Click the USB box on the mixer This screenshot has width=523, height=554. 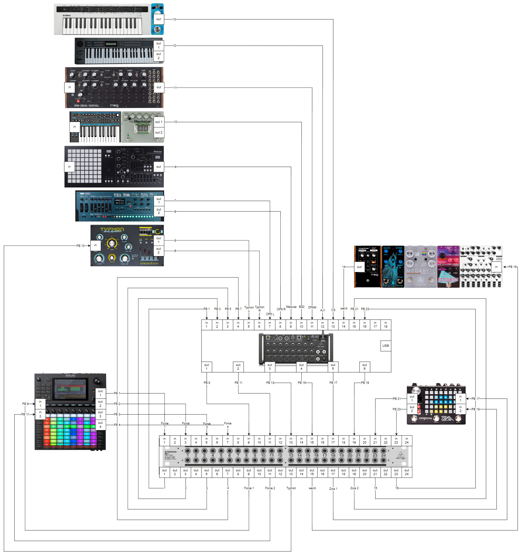[x=386, y=345]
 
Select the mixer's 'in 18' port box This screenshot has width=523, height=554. [x=386, y=324]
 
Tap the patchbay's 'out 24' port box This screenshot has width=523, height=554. [x=406, y=472]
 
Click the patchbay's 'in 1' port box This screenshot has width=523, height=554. [x=164, y=440]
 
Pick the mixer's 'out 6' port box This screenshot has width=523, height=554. [x=365, y=367]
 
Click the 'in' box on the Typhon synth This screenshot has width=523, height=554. [x=95, y=245]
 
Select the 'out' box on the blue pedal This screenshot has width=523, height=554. [x=159, y=19]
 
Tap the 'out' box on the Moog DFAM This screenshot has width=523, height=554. [x=159, y=87]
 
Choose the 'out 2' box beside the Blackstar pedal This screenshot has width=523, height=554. [x=159, y=133]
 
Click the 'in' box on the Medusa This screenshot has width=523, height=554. [x=69, y=167]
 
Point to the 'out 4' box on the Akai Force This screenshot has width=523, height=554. [x=100, y=425]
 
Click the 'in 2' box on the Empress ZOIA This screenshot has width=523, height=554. [x=460, y=409]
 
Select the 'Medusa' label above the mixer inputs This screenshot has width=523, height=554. [x=291, y=307]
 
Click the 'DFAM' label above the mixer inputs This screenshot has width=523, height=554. [x=312, y=307]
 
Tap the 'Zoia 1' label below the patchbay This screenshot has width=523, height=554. [x=333, y=489]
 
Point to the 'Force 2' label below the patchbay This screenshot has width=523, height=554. [x=270, y=488]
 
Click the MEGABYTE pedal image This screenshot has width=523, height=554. [x=421, y=267]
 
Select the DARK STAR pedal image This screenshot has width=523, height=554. [x=393, y=267]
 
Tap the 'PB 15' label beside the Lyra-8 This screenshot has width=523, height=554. [x=512, y=267]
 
